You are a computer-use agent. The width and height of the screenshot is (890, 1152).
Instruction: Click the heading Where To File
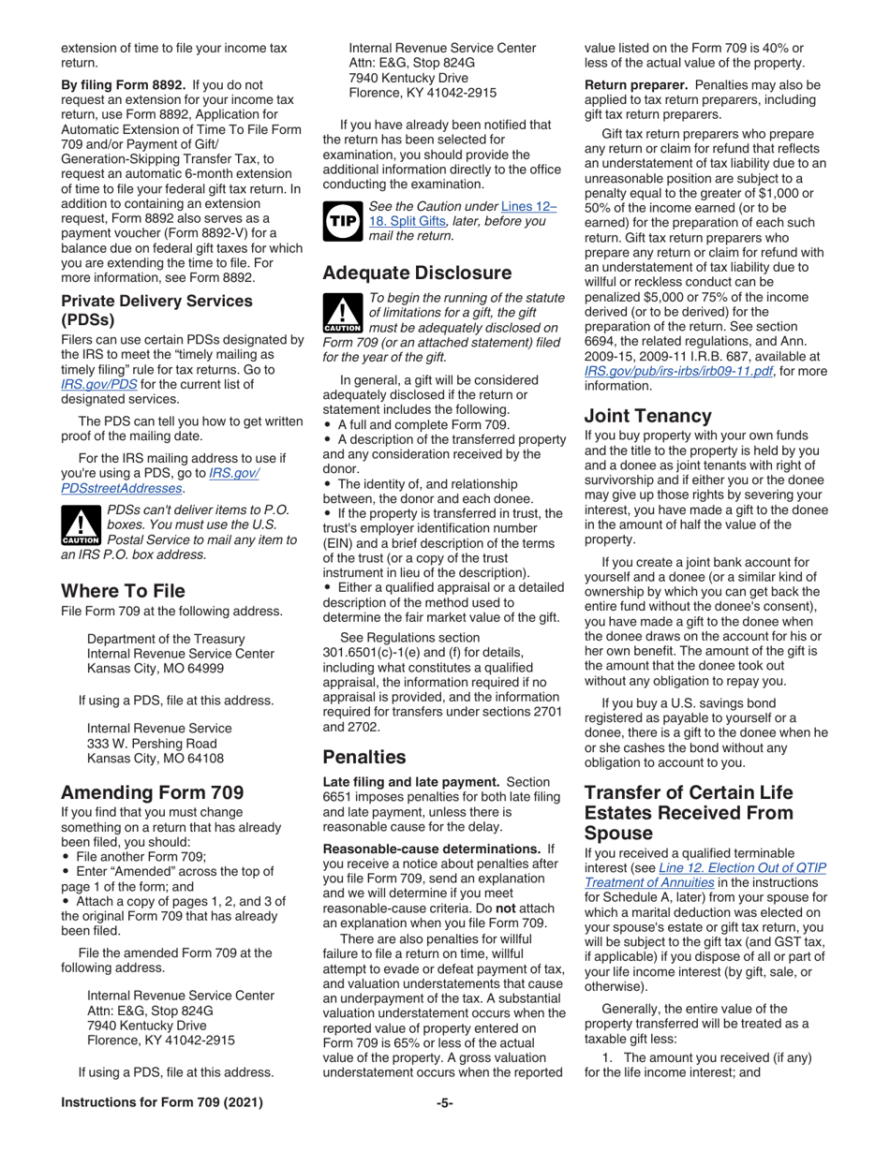123,591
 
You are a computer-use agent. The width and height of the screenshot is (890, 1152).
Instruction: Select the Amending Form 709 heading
153,792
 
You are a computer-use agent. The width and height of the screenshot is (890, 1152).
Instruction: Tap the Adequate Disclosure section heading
417,273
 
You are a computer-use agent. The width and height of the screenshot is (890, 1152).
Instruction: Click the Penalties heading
364,757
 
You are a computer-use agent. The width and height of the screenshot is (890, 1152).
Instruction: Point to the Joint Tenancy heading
648,416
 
